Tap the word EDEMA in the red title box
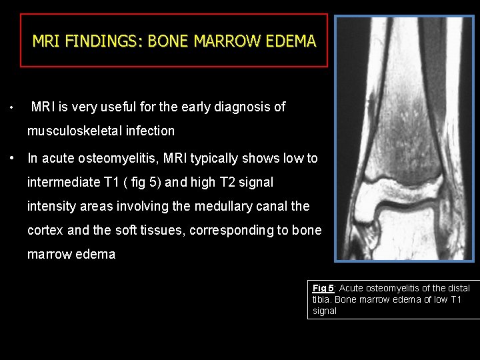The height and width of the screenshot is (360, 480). pos(291,41)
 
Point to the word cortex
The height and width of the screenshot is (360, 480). pos(45,231)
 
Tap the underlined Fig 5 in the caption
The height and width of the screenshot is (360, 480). pos(323,288)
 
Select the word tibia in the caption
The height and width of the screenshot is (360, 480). pos(323,299)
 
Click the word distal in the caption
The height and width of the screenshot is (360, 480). pos(457,288)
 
